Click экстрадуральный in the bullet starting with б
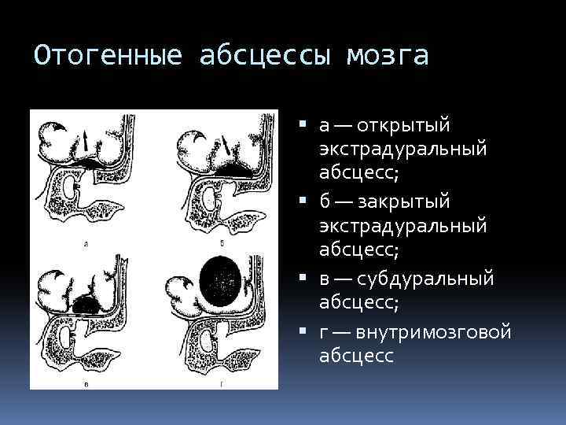point(403,227)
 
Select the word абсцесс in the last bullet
point(357,356)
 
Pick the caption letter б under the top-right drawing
point(222,246)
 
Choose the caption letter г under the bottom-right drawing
point(222,383)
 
